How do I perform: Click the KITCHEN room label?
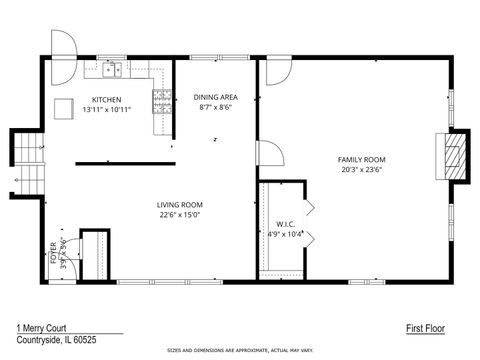click(x=107, y=99)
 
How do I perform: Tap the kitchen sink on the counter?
click(x=113, y=70)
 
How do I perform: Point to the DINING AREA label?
click(x=215, y=97)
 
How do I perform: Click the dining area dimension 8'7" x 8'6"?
click(x=215, y=107)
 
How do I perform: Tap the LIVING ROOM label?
click(x=179, y=204)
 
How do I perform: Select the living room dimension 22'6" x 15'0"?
click(x=179, y=214)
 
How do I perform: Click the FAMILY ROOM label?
click(x=361, y=159)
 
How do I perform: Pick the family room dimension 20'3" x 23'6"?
click(x=361, y=169)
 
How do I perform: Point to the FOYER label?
click(x=54, y=252)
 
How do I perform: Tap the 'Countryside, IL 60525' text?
click(x=56, y=339)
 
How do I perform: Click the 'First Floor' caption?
click(x=425, y=328)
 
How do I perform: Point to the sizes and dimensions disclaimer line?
click(x=239, y=352)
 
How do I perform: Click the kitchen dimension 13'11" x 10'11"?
click(x=107, y=109)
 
